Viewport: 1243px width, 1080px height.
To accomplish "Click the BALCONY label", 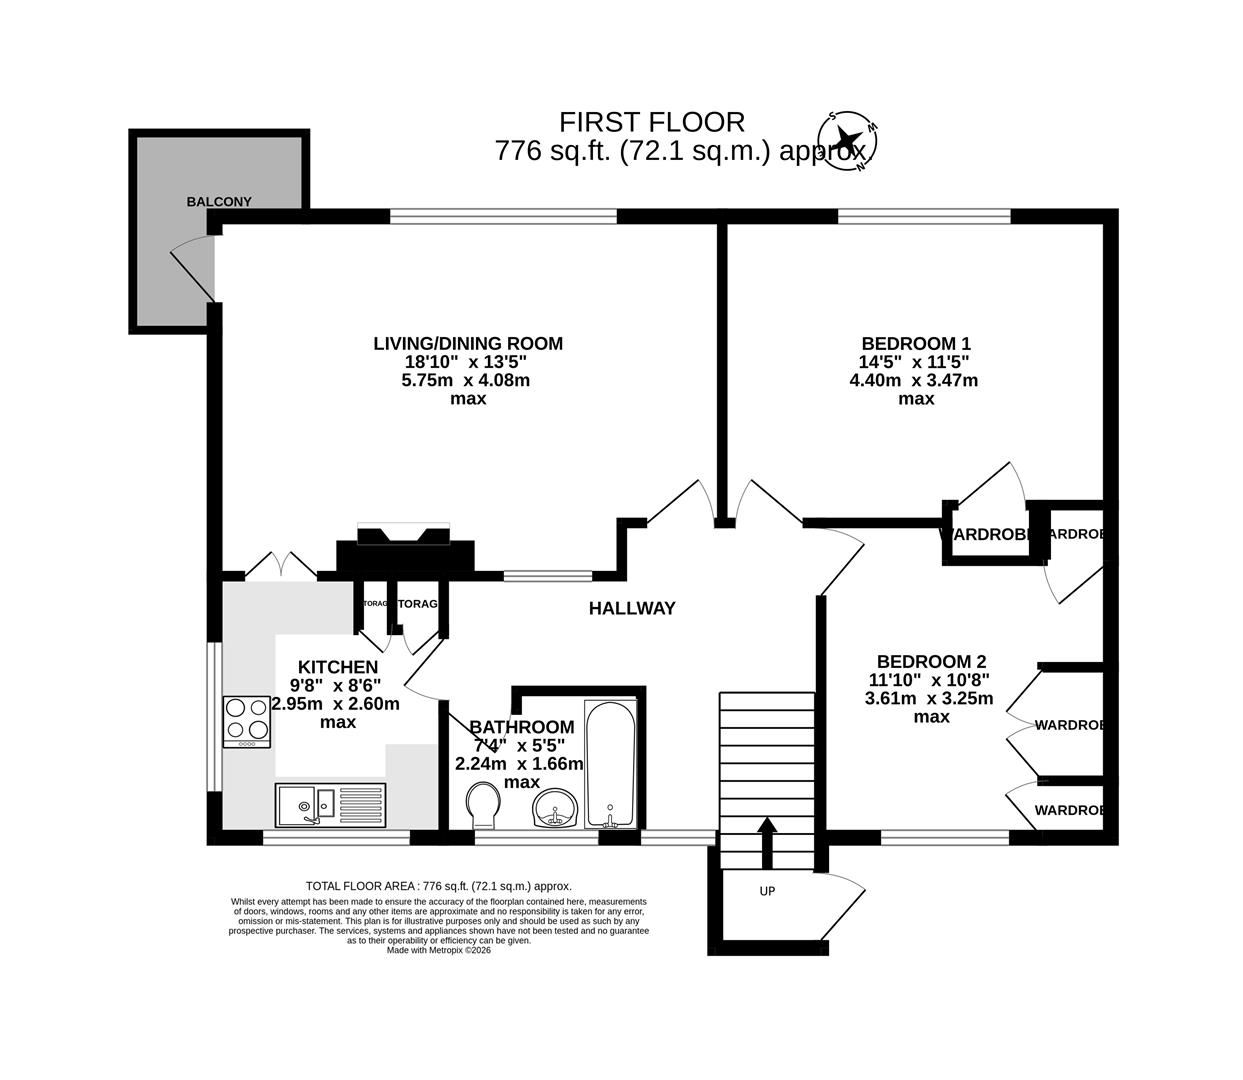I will (219, 201).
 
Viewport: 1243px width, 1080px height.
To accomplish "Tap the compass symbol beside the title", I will (848, 140).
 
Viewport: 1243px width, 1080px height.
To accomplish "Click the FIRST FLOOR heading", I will (651, 122).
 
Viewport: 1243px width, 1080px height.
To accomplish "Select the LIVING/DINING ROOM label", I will (468, 344).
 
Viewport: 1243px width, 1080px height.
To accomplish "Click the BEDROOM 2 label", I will (931, 662).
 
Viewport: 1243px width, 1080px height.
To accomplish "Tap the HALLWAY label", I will (632, 608).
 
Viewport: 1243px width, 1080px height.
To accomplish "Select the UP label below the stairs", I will (767, 891).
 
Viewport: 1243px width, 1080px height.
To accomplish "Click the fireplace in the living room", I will (404, 548).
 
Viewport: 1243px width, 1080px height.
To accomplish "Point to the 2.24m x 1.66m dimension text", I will (519, 764).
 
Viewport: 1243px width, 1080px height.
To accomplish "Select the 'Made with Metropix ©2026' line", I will (439, 950).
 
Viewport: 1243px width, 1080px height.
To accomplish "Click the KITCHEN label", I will (338, 667).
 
